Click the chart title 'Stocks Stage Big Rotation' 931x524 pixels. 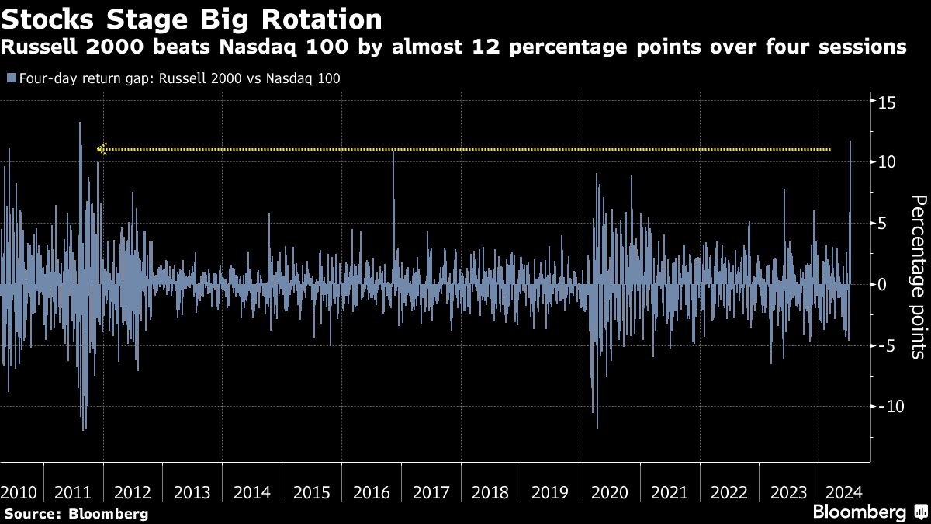[192, 19]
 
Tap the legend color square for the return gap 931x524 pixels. [10, 78]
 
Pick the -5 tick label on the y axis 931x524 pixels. [888, 345]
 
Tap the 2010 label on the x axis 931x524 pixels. [19, 492]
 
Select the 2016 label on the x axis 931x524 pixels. [371, 492]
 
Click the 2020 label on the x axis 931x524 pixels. [609, 492]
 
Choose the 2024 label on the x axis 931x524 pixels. [842, 492]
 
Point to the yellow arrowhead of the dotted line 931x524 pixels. [101, 149]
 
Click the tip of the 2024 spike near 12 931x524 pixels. [850, 141]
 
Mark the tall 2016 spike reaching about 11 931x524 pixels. [393, 152]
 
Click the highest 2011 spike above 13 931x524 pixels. [80, 123]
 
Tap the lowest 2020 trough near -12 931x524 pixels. [597, 427]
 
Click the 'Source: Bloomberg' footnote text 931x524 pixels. [76, 513]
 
